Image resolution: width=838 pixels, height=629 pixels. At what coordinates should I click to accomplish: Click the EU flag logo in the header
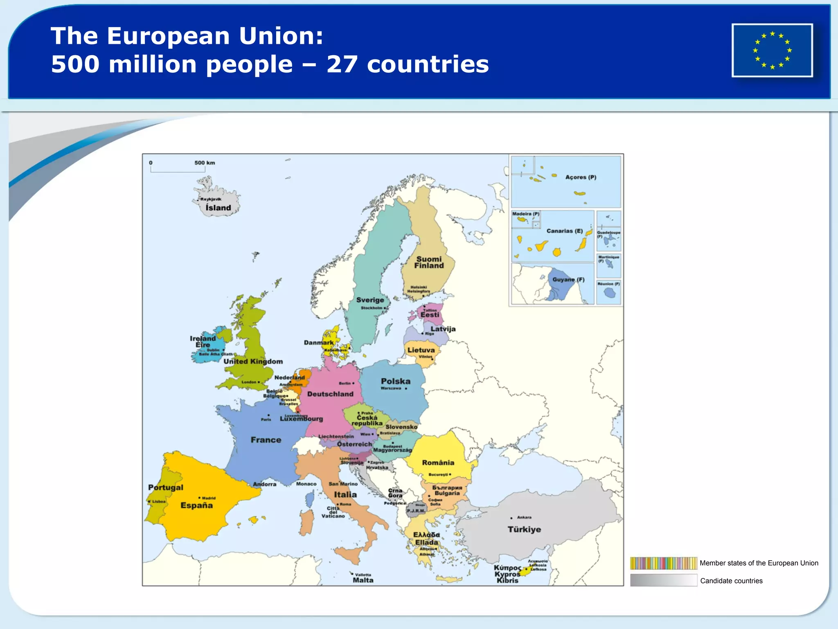pos(772,50)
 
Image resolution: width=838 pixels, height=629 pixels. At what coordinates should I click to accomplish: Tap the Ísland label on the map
pos(218,208)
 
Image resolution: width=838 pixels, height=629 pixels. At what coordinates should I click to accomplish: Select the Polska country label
pos(396,381)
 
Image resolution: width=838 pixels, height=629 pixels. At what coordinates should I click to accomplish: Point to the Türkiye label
pos(524,529)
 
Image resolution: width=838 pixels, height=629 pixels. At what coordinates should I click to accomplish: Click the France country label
pos(266,440)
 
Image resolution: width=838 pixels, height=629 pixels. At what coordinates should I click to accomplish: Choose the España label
pos(196,505)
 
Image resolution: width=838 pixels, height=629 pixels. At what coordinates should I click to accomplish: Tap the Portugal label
pos(166,487)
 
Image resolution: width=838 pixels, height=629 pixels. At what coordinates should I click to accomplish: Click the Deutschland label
pos(330,394)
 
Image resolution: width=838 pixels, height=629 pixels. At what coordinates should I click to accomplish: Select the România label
pos(438,463)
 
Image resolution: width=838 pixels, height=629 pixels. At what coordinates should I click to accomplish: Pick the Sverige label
pos(370,300)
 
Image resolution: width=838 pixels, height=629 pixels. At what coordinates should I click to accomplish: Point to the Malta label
pos(363,580)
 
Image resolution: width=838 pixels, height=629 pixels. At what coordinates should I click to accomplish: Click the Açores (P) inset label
pos(581,177)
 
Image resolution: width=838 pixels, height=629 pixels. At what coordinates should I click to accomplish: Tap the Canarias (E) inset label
pos(565,231)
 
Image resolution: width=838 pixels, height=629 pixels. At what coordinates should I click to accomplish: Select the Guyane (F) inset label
pos(568,280)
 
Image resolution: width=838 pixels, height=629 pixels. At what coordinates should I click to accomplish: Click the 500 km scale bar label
pos(205,163)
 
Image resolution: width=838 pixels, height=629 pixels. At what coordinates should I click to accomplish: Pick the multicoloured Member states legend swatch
pos(663,563)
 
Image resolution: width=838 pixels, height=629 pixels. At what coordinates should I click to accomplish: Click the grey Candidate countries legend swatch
pos(663,580)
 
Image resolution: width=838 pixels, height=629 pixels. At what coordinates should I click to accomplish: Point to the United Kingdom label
pos(253,362)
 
